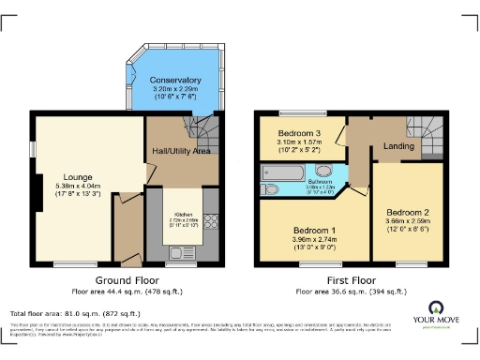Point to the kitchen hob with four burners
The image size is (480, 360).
point(209,222)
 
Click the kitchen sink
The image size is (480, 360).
point(176,252)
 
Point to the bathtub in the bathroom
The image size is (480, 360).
point(286,172)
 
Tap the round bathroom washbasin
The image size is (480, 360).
point(323,171)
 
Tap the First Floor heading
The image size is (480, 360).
point(349,280)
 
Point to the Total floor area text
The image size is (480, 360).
point(75,313)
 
